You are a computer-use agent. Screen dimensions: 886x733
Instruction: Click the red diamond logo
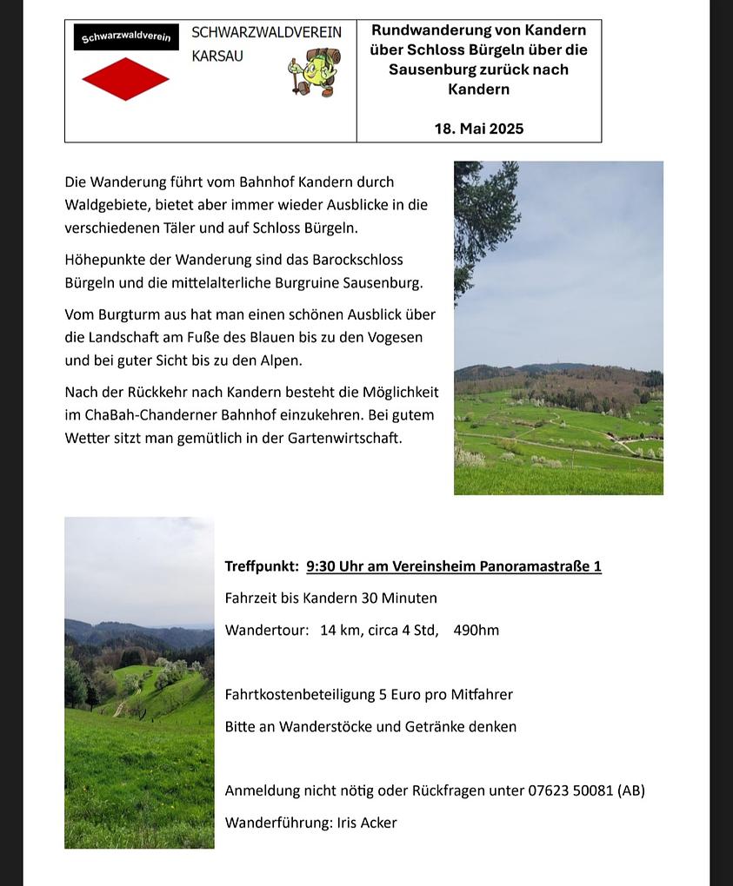125,79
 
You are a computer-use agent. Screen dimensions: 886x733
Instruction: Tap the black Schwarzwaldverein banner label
126,37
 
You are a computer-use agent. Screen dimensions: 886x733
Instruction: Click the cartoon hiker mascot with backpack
315,71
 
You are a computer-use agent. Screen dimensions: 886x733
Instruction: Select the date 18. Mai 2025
479,129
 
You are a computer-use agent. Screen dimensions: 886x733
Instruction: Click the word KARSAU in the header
217,56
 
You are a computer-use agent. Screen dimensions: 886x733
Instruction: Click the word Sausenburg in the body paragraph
383,282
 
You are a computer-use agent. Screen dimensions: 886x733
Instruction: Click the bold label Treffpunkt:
262,566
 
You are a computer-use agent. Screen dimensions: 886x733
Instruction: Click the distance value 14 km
339,630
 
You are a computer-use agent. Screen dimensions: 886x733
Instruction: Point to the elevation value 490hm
476,630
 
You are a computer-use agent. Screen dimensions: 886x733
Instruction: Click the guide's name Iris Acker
367,823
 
